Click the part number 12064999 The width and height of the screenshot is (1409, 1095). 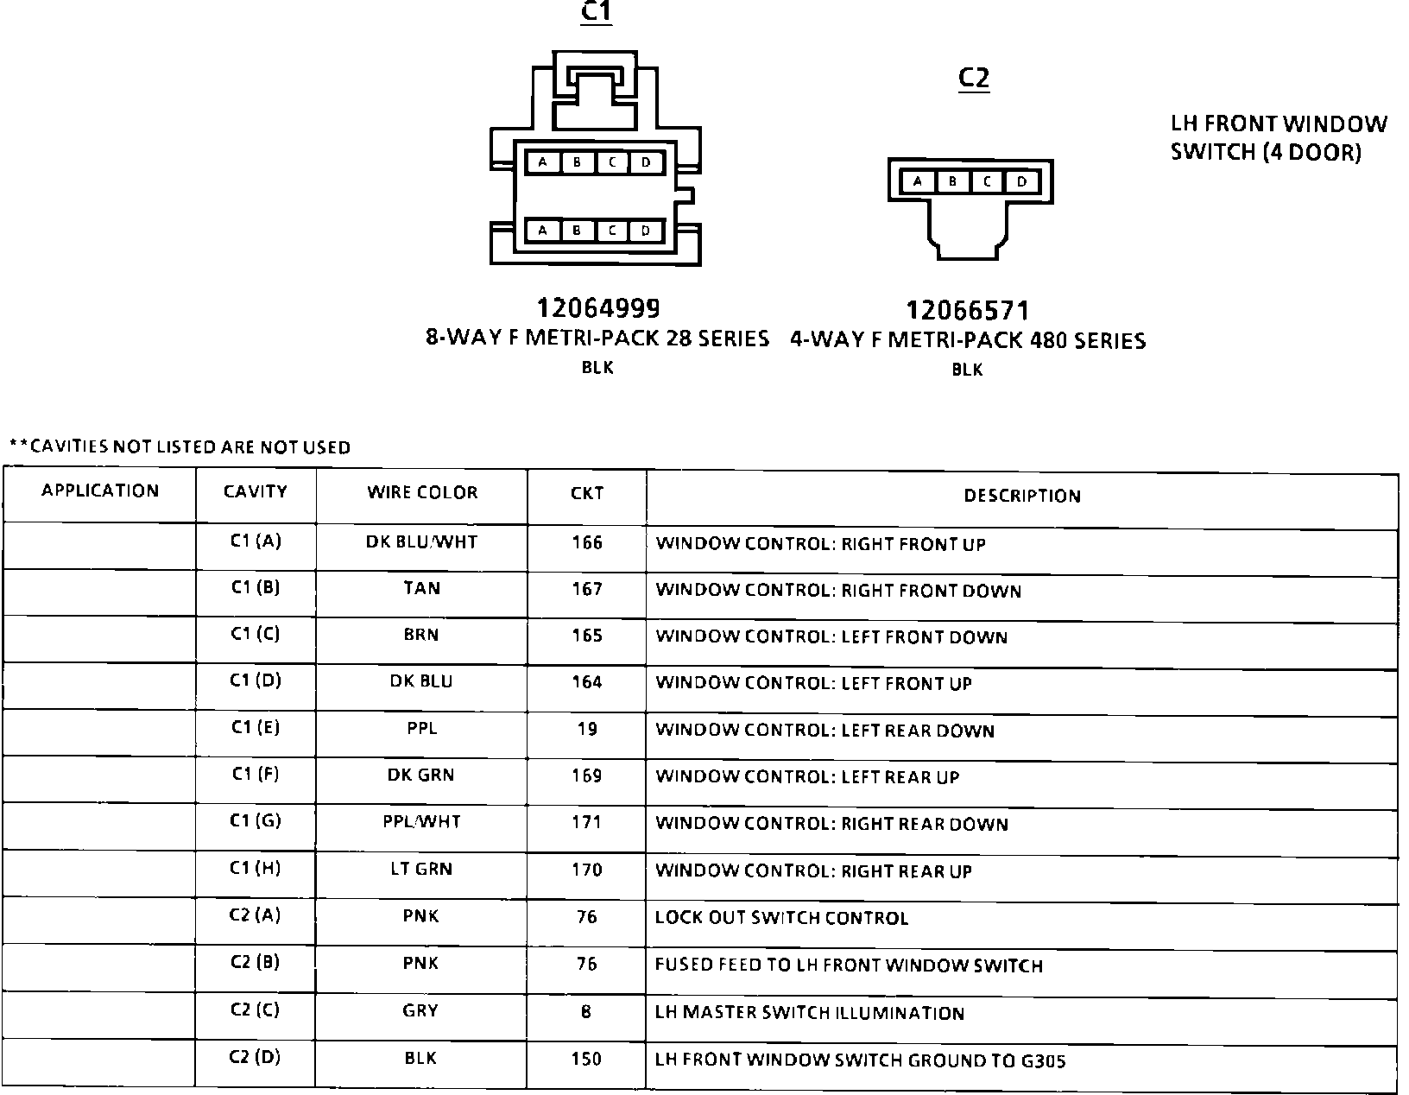point(597,308)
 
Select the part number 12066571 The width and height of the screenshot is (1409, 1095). point(967,311)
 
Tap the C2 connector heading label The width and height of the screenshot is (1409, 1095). point(973,79)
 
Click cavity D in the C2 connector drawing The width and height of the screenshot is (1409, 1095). point(1022,182)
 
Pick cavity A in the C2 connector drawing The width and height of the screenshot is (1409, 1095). point(918,182)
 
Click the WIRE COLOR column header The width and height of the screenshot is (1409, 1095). point(422,493)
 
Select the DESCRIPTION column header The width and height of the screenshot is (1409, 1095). point(1022,497)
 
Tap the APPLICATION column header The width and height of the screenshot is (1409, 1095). point(100,491)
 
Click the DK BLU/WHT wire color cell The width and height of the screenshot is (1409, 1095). point(421,542)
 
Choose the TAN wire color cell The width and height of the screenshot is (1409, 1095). point(421,589)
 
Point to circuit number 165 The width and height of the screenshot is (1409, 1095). point(587,636)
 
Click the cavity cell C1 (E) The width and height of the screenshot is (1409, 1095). point(256,728)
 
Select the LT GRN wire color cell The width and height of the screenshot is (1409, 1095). point(421,870)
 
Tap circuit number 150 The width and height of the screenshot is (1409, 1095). point(587,1059)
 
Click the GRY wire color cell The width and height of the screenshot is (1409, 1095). point(420,1011)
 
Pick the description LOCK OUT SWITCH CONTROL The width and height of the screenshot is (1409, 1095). point(781,918)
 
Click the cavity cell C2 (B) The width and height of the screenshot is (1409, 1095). point(256,963)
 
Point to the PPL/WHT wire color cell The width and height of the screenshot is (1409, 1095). point(421,822)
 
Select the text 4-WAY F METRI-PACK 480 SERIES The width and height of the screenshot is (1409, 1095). point(968,341)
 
